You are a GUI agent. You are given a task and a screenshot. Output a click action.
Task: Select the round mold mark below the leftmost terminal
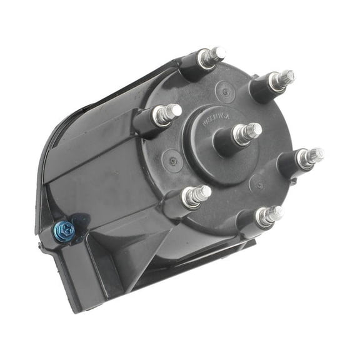pos(173,161)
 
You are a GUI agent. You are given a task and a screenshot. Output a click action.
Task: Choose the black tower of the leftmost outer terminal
pos(147,120)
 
